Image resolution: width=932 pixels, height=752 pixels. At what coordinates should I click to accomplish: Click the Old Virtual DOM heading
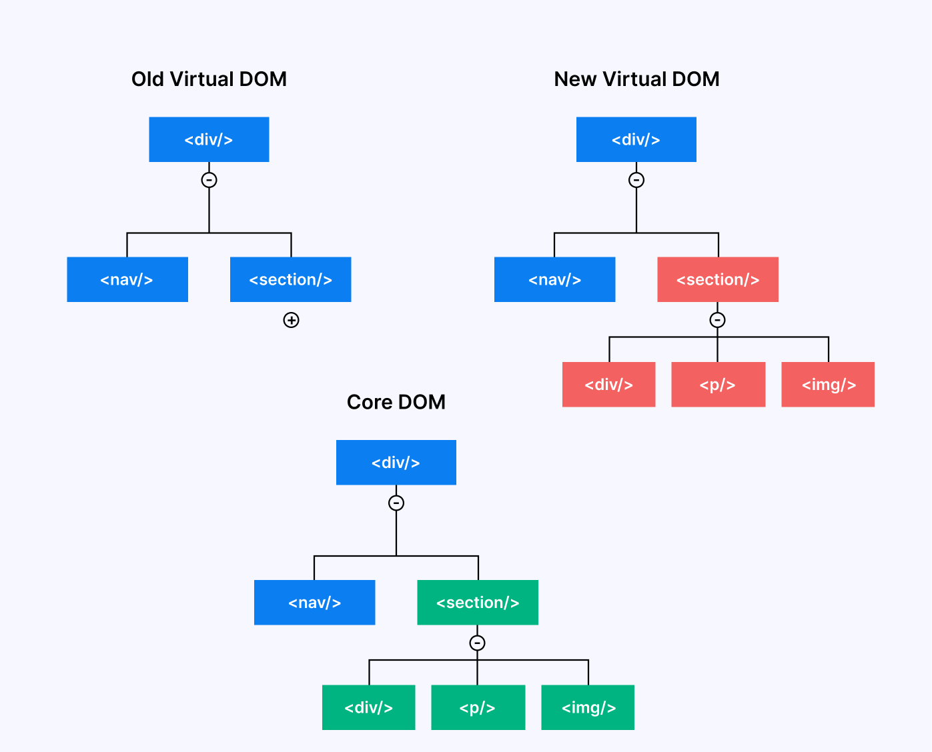[209, 79]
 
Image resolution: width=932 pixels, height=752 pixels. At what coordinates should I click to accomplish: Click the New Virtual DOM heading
[636, 79]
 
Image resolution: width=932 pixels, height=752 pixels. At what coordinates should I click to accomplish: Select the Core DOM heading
[396, 402]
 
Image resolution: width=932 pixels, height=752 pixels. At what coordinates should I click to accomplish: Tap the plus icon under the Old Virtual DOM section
[291, 320]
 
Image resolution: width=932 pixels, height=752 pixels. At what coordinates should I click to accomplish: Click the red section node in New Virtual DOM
[718, 279]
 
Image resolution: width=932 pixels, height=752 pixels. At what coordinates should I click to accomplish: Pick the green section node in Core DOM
[478, 603]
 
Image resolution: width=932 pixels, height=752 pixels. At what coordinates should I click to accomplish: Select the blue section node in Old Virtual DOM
[291, 279]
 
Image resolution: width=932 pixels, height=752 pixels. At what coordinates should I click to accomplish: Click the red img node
[828, 385]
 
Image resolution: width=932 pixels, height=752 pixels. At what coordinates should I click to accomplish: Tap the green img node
[588, 707]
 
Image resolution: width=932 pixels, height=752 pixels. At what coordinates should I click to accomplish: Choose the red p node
[718, 385]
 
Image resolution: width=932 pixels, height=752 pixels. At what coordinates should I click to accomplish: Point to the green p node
[478, 707]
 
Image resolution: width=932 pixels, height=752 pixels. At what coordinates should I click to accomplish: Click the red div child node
[608, 385]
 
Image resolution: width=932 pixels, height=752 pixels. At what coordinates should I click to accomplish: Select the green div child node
[368, 707]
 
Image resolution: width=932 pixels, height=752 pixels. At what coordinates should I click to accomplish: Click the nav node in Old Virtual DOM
[127, 279]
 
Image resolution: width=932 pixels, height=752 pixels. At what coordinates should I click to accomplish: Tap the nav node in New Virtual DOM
[554, 279]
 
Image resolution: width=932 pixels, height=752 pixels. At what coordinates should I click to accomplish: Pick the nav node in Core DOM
[314, 603]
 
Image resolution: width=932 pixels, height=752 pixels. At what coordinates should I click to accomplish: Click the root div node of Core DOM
[396, 463]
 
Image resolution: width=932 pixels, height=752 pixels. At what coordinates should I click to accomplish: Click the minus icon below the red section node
[717, 320]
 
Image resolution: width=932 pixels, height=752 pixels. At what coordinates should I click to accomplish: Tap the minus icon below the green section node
[477, 643]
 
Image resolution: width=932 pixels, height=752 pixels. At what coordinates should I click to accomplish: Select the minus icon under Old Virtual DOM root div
[209, 180]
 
